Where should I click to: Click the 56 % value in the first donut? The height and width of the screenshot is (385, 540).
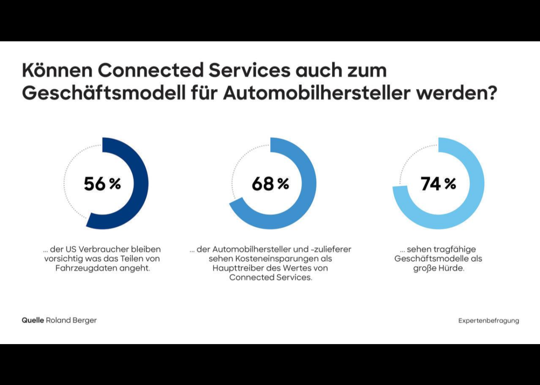[102, 184]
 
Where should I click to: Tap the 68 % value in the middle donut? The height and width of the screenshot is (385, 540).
[270, 184]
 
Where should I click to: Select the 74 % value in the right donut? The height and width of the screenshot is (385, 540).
[438, 184]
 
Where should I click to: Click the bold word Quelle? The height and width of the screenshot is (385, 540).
[33, 320]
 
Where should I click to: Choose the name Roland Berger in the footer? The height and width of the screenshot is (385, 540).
[71, 320]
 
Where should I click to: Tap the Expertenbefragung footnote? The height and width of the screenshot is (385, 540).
[489, 321]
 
